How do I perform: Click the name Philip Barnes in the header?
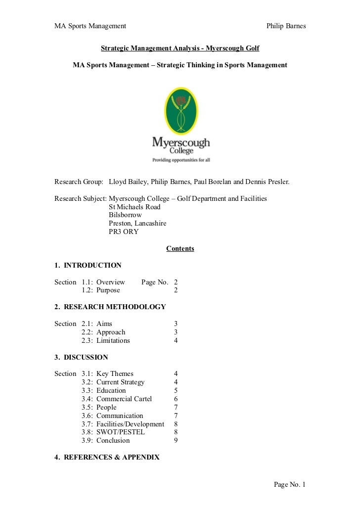tap(286, 26)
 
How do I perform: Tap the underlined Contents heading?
tap(180, 248)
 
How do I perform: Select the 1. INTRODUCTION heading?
tap(88, 265)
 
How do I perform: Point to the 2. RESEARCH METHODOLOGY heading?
tap(110, 307)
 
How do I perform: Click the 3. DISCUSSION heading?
tap(81, 357)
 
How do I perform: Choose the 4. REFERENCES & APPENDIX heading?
tap(107, 457)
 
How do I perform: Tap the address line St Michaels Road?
tap(135, 207)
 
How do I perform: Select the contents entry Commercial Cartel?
tap(124, 399)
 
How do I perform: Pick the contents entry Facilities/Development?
tap(130, 424)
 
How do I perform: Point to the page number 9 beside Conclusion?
tap(176, 440)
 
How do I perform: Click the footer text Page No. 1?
tap(290, 484)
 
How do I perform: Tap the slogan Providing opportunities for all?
tap(181, 160)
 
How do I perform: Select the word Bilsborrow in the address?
tap(125, 215)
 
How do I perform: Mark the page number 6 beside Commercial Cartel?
tap(176, 399)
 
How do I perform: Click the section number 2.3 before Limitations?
tap(88, 340)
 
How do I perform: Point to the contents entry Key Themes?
tap(115, 373)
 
